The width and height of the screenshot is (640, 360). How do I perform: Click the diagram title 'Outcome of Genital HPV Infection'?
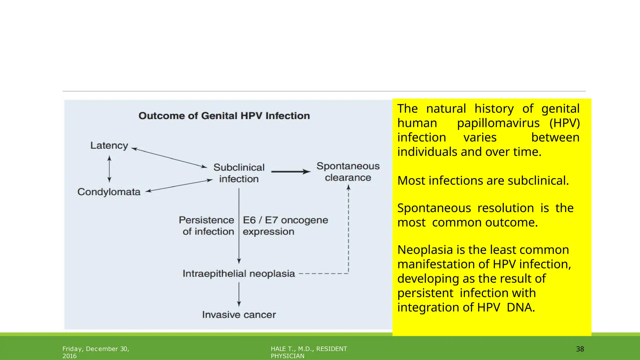(x=224, y=116)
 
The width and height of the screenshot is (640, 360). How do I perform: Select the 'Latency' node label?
(x=109, y=146)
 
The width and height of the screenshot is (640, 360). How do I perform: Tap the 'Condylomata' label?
(x=109, y=192)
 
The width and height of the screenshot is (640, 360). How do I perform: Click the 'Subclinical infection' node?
(x=239, y=173)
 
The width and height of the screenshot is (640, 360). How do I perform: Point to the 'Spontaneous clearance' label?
(x=348, y=172)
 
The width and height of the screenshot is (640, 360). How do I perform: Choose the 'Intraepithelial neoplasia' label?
(x=239, y=274)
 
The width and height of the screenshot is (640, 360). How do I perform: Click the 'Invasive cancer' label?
(x=239, y=315)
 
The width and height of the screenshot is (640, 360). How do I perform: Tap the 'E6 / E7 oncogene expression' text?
(x=285, y=226)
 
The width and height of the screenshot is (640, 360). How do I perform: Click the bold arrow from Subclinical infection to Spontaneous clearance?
(x=291, y=172)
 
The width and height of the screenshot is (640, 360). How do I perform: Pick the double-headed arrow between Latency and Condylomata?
(x=109, y=169)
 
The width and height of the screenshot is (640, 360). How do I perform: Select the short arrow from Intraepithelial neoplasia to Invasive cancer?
(x=239, y=294)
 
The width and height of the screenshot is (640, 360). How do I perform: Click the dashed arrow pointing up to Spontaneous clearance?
(x=348, y=231)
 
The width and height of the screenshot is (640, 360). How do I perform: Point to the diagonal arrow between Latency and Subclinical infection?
(x=169, y=158)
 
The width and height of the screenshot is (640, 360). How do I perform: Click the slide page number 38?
(x=580, y=349)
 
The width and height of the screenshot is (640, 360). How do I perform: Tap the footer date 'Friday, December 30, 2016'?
(x=96, y=352)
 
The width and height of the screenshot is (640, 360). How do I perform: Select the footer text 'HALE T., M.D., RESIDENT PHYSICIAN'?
(x=309, y=352)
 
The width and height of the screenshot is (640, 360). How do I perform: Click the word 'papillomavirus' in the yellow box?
(x=498, y=123)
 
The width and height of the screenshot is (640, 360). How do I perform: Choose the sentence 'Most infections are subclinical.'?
(x=483, y=181)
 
